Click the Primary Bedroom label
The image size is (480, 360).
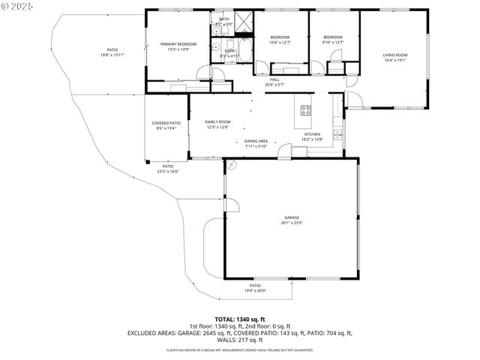click(x=178, y=44)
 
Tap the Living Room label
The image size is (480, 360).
click(x=394, y=55)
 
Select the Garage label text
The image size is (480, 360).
click(x=292, y=217)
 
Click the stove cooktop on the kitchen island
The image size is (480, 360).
click(x=306, y=110)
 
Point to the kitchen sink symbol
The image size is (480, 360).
click(x=337, y=134)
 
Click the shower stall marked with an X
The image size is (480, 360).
click(x=244, y=20)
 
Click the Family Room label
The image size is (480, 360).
click(x=218, y=121)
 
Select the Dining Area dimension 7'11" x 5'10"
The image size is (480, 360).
click(x=256, y=146)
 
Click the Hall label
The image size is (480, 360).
click(x=274, y=80)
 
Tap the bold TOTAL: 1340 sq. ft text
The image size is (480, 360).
click(x=240, y=319)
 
